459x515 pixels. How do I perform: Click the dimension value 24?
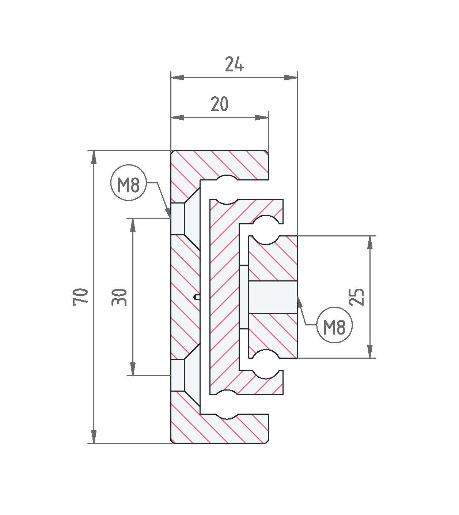(234, 64)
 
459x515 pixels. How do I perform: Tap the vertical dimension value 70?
(80, 297)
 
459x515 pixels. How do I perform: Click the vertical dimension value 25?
(356, 297)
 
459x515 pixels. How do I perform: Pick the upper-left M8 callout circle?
(129, 183)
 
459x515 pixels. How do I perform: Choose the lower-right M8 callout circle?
(335, 325)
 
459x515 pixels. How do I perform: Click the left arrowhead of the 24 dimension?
(178, 78)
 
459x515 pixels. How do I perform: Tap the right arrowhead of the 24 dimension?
(291, 78)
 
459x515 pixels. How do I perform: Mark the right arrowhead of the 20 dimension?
(262, 117)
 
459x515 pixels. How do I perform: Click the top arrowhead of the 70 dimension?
(94, 158)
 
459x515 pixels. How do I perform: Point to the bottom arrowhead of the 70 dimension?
(94, 437)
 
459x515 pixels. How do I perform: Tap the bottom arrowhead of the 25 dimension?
(370, 351)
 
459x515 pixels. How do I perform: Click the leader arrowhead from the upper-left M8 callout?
(168, 212)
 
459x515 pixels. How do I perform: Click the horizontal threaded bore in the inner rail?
(273, 297)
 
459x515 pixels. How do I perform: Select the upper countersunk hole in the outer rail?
(185, 219)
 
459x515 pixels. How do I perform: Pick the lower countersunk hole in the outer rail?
(185, 375)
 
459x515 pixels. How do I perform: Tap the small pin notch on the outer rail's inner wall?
(197, 297)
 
